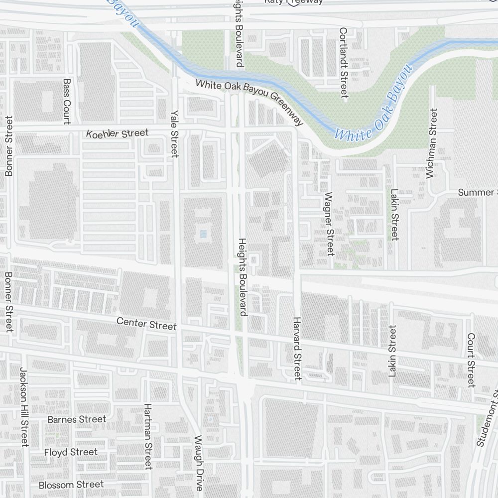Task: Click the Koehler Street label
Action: click(x=117, y=133)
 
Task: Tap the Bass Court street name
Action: click(x=67, y=101)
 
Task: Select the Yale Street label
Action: click(x=174, y=133)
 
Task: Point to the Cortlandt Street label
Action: click(x=343, y=63)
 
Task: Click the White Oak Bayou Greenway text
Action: click(x=249, y=102)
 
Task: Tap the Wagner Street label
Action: click(x=329, y=224)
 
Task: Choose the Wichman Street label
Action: click(x=431, y=143)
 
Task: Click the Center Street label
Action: click(x=146, y=324)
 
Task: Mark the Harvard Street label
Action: click(x=297, y=348)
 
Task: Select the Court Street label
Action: click(x=471, y=360)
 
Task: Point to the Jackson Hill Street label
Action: click(x=24, y=407)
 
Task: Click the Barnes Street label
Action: click(x=77, y=419)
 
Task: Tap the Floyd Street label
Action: click(x=71, y=452)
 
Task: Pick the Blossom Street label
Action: click(x=71, y=485)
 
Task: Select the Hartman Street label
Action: click(x=147, y=436)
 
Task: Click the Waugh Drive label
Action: click(x=199, y=463)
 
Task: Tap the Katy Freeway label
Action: click(x=293, y=2)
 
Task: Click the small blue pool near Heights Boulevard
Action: click(x=202, y=233)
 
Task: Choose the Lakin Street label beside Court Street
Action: click(x=393, y=351)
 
